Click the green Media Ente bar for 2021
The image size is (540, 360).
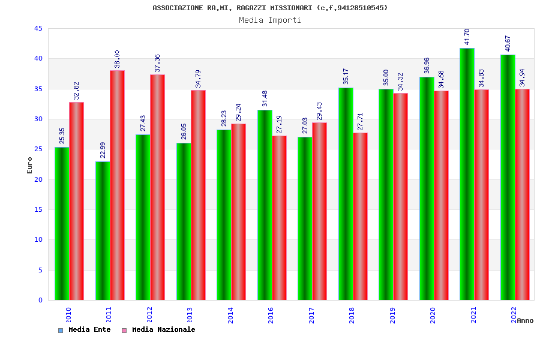[x=467, y=174]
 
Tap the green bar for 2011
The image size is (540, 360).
[x=103, y=230]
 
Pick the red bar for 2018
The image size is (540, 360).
[x=360, y=216]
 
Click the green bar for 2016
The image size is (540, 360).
[x=265, y=205]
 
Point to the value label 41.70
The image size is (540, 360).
[x=467, y=37]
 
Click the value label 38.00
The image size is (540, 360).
[x=117, y=59]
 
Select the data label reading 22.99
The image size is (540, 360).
[x=103, y=149]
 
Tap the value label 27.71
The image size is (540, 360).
[x=360, y=121]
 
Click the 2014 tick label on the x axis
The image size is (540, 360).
[x=230, y=315]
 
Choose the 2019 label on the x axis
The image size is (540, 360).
[x=392, y=315]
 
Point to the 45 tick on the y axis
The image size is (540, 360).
[x=38, y=29]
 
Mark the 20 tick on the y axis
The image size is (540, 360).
[x=38, y=179]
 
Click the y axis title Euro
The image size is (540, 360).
[x=30, y=165]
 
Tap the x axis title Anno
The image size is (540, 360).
[x=525, y=320]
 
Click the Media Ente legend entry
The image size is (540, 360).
[x=89, y=329]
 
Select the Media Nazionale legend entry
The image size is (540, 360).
[x=163, y=329]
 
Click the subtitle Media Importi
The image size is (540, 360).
[x=270, y=20]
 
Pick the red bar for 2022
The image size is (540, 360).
[x=522, y=194]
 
